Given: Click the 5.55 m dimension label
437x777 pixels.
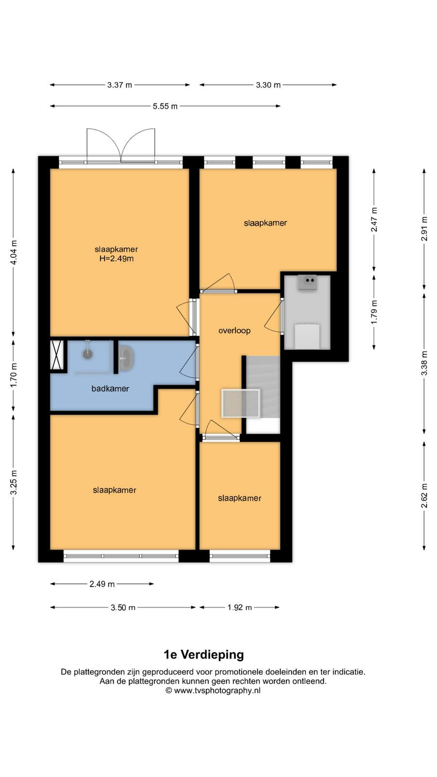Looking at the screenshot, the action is click(165, 106).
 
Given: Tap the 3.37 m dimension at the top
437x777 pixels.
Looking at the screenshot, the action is click(119, 85).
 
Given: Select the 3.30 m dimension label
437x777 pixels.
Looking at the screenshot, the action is click(268, 85).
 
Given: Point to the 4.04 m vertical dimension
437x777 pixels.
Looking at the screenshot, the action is click(14, 253).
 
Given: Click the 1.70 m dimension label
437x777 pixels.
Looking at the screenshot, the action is click(14, 376).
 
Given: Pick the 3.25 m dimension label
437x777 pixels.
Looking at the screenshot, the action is click(14, 483).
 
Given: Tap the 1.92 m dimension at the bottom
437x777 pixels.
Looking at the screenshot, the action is click(240, 608).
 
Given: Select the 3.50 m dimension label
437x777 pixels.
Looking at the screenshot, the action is click(123, 608).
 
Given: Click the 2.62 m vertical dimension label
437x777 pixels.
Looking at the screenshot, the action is click(424, 496).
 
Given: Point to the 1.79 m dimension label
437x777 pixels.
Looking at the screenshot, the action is click(374, 312).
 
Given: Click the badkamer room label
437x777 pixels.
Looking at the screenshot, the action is click(110, 388).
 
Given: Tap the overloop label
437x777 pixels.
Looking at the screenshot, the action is click(235, 331).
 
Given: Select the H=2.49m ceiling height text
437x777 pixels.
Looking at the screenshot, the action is click(117, 258).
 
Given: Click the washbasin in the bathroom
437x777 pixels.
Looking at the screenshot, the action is click(126, 358).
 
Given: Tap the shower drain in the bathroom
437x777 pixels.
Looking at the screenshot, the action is click(87, 354).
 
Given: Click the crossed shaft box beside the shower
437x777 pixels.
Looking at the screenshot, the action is click(56, 355).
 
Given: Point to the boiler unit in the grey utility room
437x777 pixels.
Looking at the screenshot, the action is click(307, 282).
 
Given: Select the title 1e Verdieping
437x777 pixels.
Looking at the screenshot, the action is click(204, 655).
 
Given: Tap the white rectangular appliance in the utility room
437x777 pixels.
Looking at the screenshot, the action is click(307, 336).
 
